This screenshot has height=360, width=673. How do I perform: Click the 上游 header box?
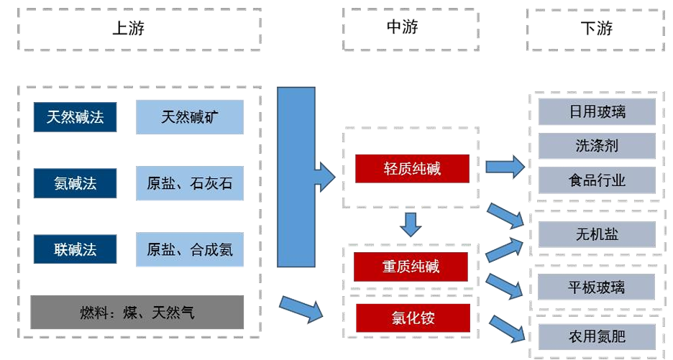point(139,29)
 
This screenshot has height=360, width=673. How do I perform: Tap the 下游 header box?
point(596,29)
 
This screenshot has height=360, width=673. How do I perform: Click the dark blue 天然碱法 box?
point(75,117)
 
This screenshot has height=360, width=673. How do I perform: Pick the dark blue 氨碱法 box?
point(75,183)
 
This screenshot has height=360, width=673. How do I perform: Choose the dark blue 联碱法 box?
point(75,249)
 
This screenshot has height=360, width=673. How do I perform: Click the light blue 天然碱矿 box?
point(190,117)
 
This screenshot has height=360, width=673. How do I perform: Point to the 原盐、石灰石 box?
point(190,183)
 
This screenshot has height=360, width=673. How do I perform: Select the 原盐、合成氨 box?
point(190,249)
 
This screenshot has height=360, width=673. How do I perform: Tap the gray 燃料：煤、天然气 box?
point(137,313)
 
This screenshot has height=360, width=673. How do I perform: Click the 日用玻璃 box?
point(597,112)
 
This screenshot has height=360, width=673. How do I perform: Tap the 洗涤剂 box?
point(597,146)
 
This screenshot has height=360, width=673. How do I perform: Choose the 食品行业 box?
point(597,180)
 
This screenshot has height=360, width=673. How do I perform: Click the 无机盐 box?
point(597,234)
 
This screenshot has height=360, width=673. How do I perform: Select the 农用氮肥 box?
point(597,335)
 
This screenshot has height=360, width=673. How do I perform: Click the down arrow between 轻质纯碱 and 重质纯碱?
point(411,225)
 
